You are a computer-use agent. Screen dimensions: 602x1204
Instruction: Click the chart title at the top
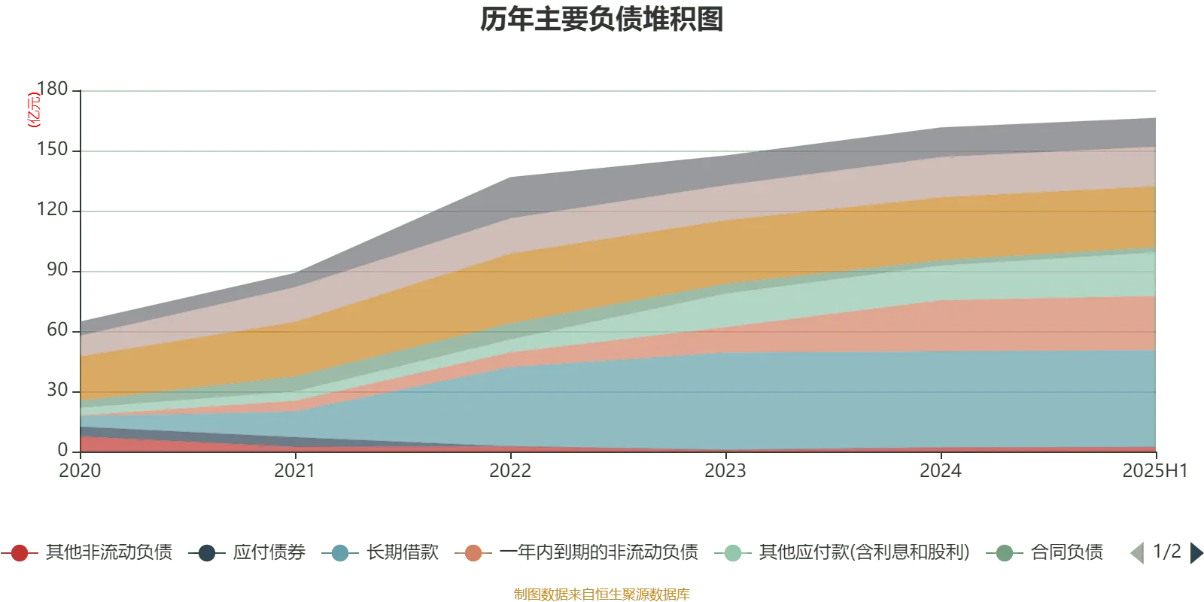(x=602, y=20)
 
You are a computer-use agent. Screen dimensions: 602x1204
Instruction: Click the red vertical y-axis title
(x=33, y=110)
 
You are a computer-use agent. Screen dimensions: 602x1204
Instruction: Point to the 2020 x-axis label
(x=78, y=471)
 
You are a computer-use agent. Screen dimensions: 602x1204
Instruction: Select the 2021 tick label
(x=292, y=471)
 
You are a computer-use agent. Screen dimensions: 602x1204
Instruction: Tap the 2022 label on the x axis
(x=511, y=471)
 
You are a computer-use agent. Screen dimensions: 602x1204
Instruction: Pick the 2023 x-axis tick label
(x=725, y=471)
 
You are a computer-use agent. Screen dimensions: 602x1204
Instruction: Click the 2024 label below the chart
(x=938, y=471)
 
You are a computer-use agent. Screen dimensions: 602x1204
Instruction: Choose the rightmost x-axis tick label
(x=1153, y=471)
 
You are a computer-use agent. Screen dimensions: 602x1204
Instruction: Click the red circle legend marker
(x=20, y=553)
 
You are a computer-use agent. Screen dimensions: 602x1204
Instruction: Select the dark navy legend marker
(x=206, y=553)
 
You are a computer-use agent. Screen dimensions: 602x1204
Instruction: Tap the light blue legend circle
(x=340, y=553)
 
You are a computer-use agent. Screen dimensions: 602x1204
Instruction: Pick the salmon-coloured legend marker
(x=473, y=553)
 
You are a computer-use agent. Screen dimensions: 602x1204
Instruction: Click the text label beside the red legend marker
(x=108, y=553)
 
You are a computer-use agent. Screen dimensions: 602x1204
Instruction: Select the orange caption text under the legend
(x=601, y=593)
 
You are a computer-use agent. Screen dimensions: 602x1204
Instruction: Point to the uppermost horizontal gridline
(x=617, y=93)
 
